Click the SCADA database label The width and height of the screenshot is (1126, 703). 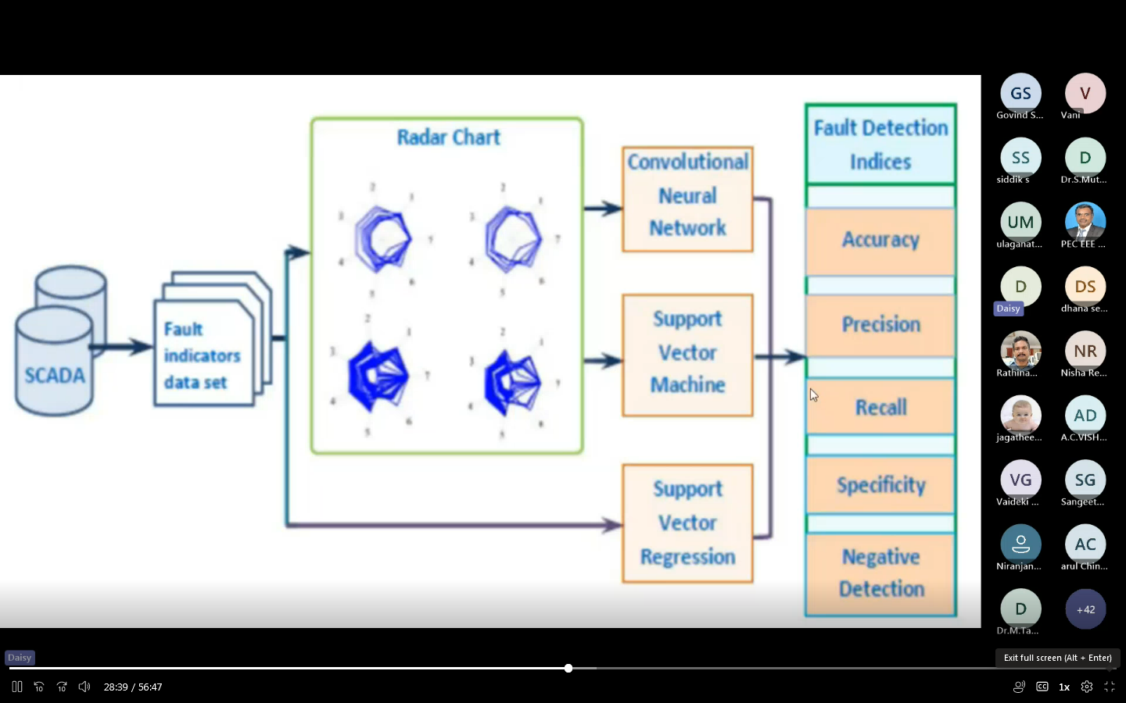[x=55, y=376]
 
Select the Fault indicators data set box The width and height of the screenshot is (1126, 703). [x=203, y=355]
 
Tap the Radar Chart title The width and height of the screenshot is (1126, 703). [x=448, y=137]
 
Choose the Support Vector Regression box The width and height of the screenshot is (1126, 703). [x=687, y=523]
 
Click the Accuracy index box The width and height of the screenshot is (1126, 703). [x=880, y=241]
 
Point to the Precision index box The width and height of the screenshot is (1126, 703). [x=880, y=325]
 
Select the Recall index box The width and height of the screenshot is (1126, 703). [x=880, y=407]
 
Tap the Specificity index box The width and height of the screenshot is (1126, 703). [x=880, y=485]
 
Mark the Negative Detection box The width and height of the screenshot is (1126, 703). [x=880, y=573]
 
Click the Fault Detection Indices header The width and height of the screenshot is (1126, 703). [x=880, y=145]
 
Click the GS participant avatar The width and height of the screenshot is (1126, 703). [x=1020, y=94]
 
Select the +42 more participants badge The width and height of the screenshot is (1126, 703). [x=1085, y=609]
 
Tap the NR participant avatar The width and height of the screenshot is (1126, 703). [x=1085, y=351]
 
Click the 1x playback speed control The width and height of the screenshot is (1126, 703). [x=1064, y=687]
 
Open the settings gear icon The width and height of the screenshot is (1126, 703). [x=1087, y=687]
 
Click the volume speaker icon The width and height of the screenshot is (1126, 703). [x=84, y=687]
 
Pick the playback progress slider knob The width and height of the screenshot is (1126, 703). [x=568, y=669]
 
